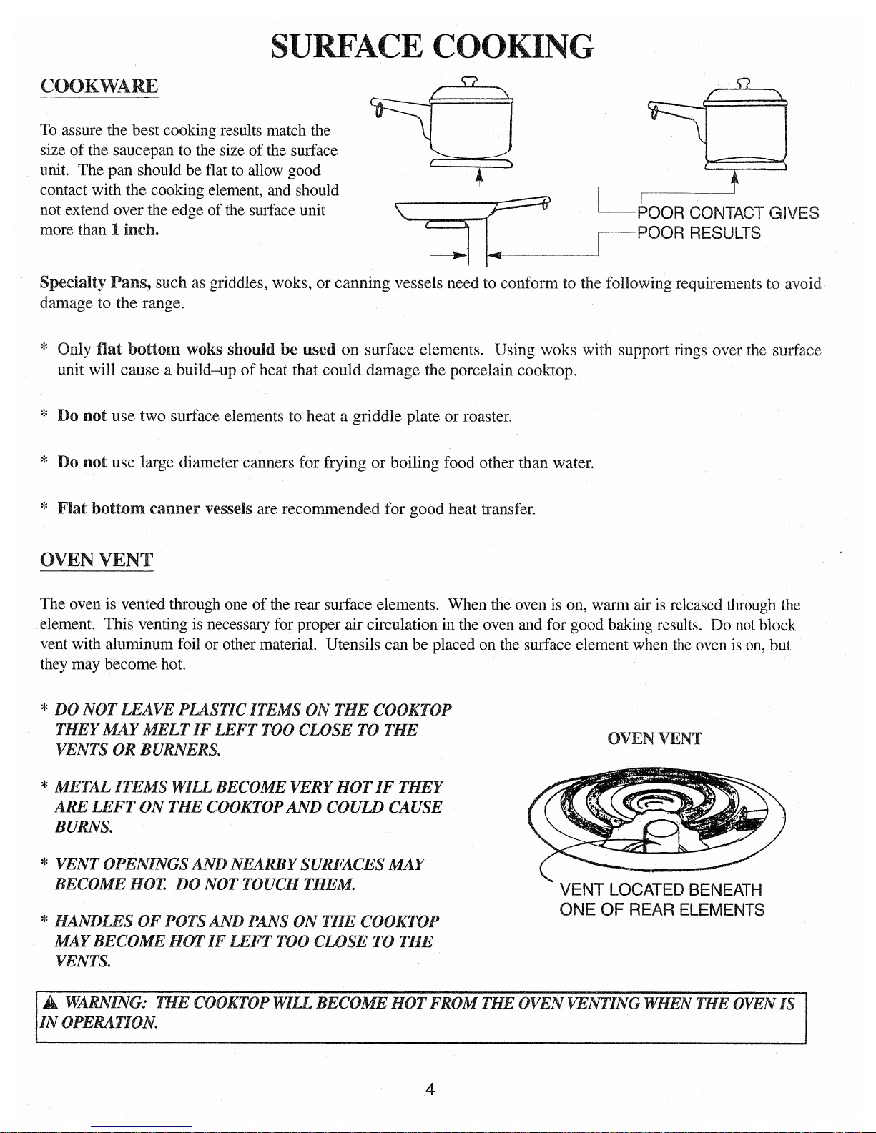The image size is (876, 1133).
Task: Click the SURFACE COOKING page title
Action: coord(432,46)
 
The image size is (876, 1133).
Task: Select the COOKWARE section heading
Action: coord(99,86)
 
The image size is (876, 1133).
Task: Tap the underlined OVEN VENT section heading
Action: coord(97,560)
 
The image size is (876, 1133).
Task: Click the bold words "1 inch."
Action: coord(134,230)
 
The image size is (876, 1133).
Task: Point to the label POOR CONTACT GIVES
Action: coord(727,213)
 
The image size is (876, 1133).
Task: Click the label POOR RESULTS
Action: coord(699,233)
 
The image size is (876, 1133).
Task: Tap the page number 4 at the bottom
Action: coord(430,1089)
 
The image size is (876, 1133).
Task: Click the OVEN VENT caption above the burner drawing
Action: coord(654,739)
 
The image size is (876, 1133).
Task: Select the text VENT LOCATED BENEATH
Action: coord(661,890)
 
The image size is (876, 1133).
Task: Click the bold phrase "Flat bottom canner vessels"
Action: coord(154,509)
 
